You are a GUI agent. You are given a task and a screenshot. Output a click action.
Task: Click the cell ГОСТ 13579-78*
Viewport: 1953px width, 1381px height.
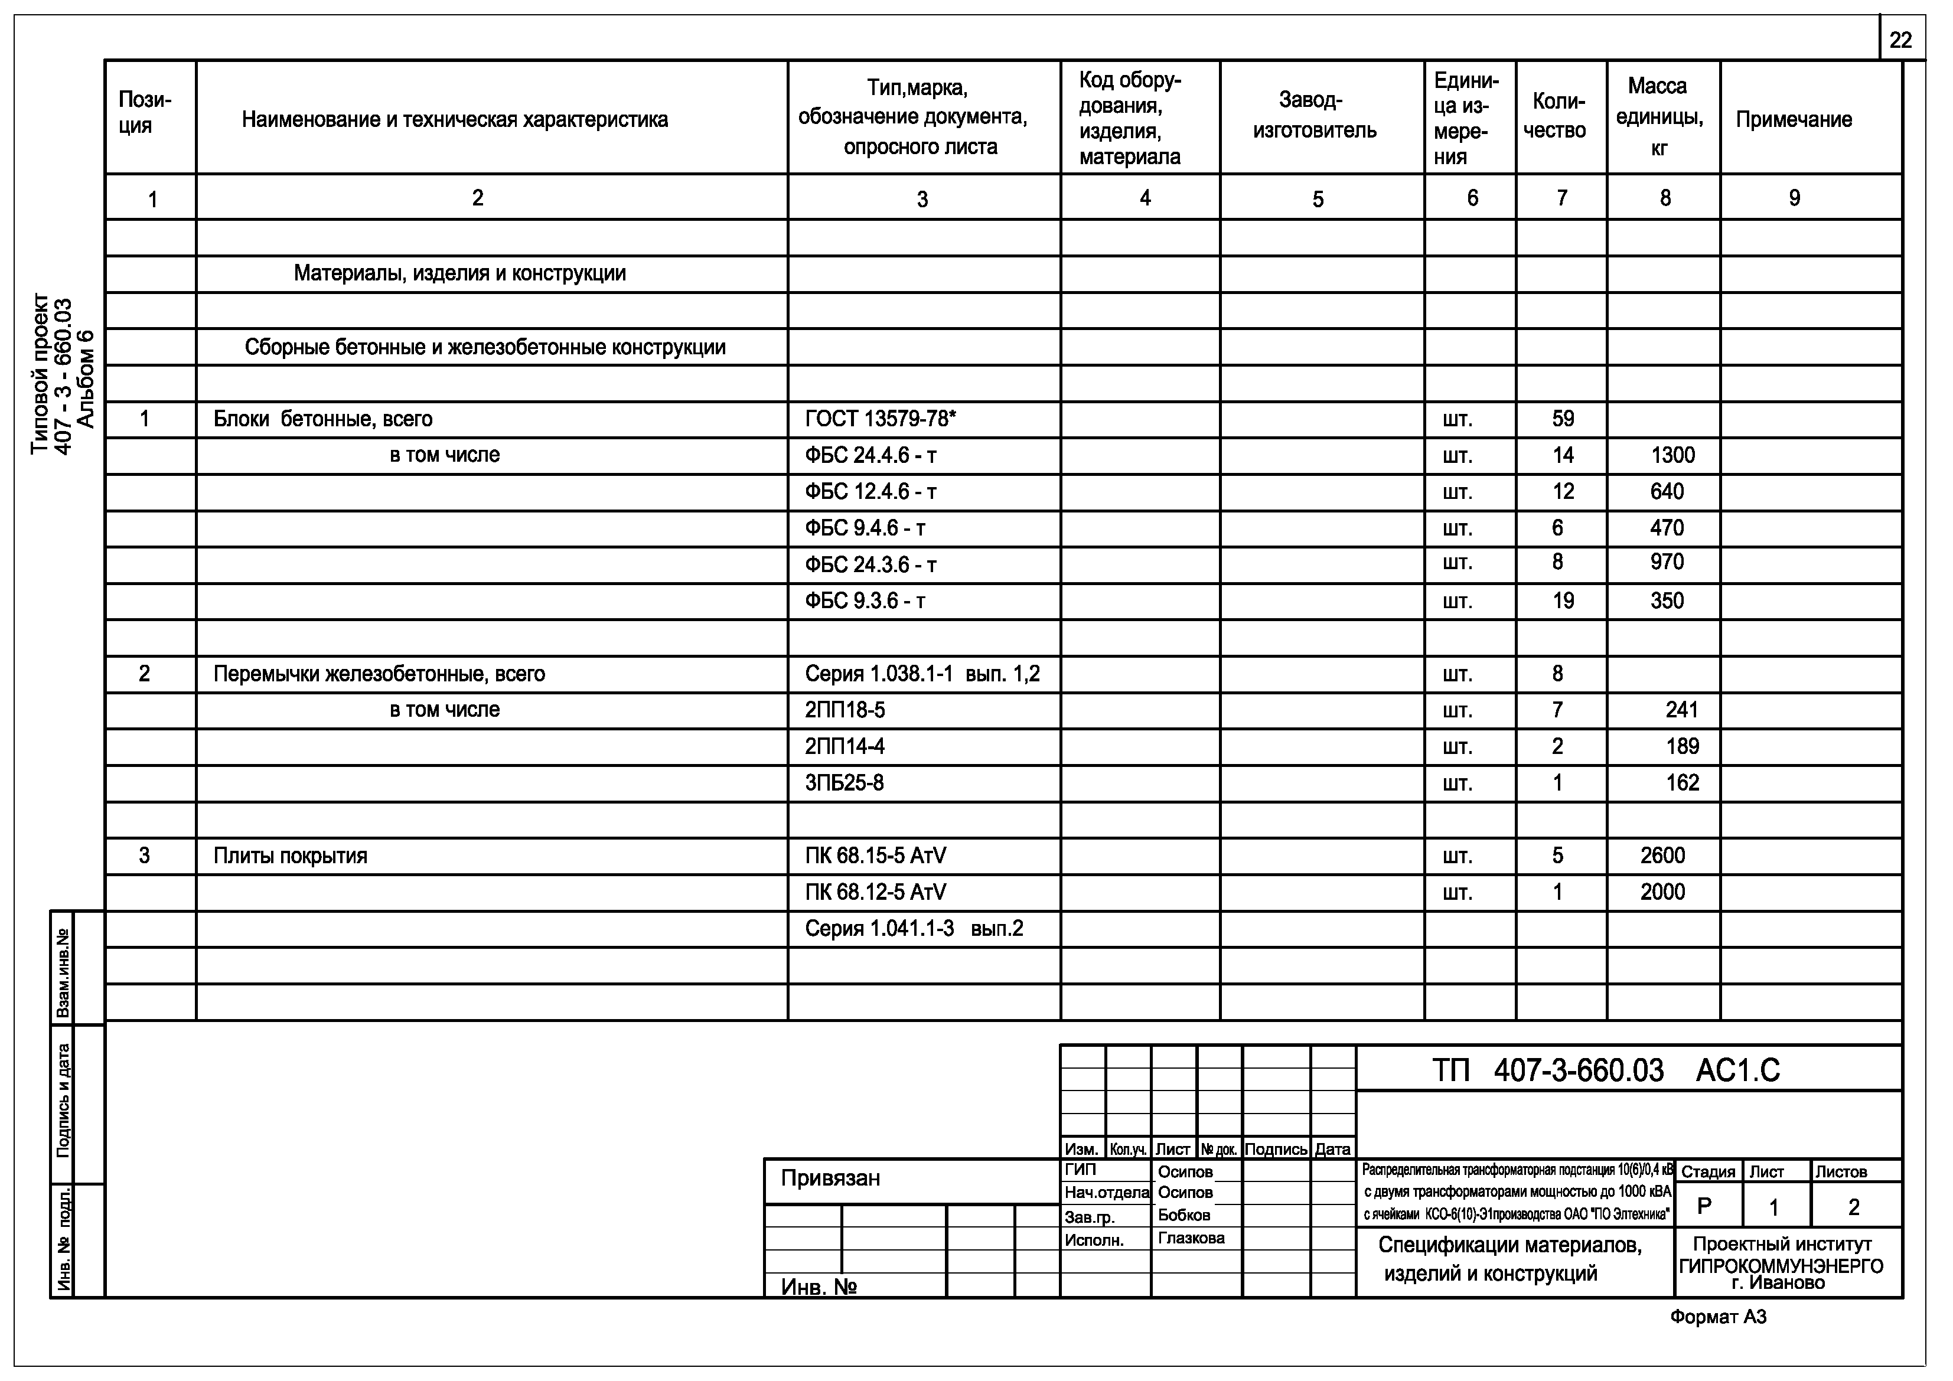point(881,419)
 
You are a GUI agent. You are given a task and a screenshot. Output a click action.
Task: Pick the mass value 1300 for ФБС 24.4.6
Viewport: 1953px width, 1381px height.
point(1672,456)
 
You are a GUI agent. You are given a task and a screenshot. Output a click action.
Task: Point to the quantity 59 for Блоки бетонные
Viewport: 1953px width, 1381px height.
point(1563,419)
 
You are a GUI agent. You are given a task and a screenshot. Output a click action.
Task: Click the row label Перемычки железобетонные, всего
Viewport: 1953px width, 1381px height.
point(379,674)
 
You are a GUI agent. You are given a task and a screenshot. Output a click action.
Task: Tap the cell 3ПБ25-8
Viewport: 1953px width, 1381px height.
point(844,783)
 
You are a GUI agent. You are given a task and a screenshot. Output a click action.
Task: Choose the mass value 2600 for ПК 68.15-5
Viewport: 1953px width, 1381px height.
point(1662,856)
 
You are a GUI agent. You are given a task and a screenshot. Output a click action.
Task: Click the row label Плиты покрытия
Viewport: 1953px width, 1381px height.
point(290,856)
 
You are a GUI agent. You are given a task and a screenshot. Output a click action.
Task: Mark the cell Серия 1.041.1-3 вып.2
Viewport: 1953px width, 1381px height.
point(914,929)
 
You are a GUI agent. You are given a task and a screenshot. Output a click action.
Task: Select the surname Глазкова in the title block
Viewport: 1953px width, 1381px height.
point(1191,1238)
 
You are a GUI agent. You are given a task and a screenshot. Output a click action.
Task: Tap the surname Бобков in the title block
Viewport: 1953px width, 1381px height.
point(1183,1215)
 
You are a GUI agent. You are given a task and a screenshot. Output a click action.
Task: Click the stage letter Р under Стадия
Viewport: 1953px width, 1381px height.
point(1704,1207)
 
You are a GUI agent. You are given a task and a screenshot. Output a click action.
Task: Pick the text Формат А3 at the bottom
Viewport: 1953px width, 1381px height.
point(1717,1317)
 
